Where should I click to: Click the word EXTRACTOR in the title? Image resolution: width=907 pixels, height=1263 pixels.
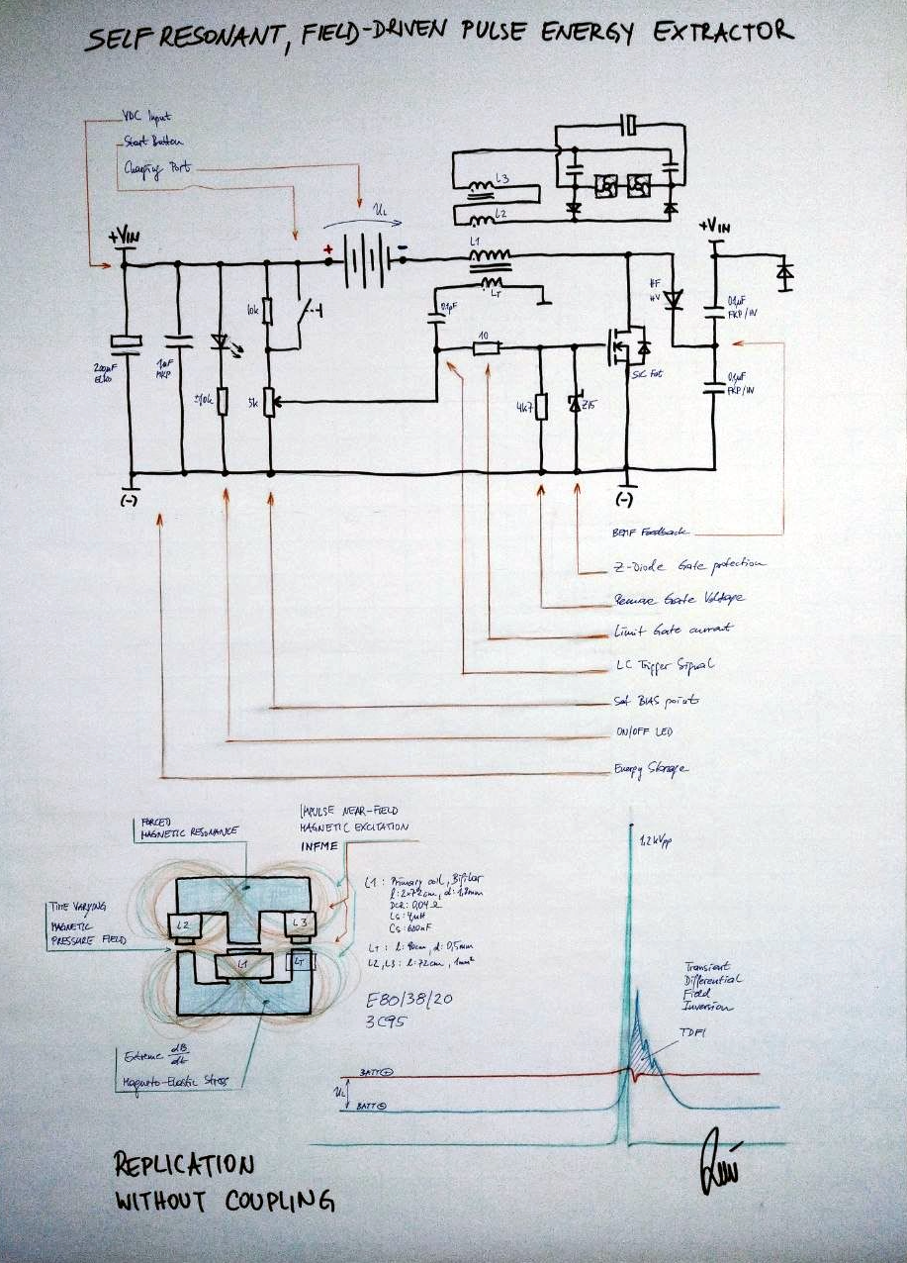pyautogui.click(x=724, y=33)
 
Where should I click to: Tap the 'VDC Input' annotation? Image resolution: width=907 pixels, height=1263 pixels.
pyautogui.click(x=145, y=117)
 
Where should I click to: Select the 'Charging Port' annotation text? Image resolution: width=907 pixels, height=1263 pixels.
pyautogui.click(x=156, y=168)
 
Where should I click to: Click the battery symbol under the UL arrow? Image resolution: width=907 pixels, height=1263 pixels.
pyautogui.click(x=367, y=261)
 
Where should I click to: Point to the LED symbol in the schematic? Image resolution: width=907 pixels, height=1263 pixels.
pyautogui.click(x=222, y=341)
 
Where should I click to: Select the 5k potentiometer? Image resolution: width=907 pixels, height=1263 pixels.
pyautogui.click(x=268, y=402)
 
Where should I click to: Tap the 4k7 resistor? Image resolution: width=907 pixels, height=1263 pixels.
pyautogui.click(x=541, y=406)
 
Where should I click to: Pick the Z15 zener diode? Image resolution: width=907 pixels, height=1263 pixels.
pyautogui.click(x=576, y=404)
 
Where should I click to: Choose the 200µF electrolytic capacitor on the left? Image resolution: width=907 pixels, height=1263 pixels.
pyautogui.click(x=125, y=342)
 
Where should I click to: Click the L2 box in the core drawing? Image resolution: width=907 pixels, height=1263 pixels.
pyautogui.click(x=184, y=925)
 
